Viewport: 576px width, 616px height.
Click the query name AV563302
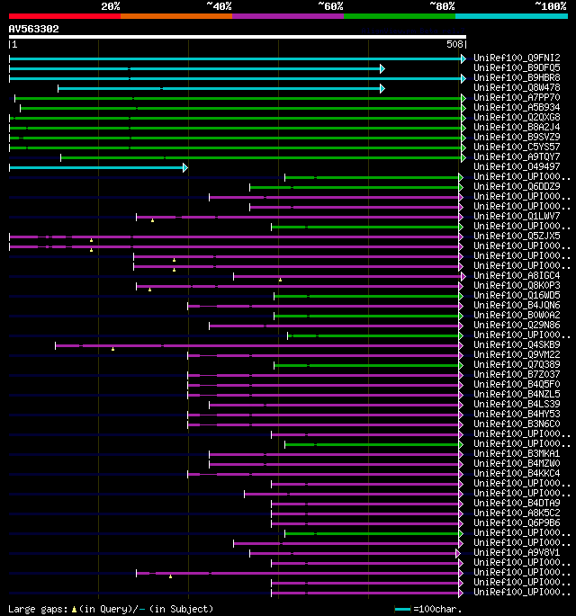pos(34,29)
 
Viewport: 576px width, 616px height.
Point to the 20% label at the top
pos(111,5)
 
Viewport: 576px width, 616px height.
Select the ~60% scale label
pos(330,5)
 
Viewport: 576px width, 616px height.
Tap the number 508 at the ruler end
pos(454,43)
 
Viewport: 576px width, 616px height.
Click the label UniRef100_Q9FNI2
pos(517,58)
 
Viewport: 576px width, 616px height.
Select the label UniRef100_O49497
pos(517,167)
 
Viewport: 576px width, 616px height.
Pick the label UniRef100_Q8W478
pos(517,88)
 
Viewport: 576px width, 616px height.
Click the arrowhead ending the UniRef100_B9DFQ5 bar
pos(382,68)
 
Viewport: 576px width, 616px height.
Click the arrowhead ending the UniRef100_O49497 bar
pos(185,167)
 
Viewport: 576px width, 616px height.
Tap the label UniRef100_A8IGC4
pos(517,276)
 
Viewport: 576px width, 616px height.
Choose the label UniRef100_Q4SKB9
pos(517,345)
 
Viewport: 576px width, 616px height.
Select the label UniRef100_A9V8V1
pos(517,553)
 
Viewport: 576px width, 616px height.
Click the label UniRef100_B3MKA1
pos(517,454)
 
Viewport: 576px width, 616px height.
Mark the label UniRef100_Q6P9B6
pos(517,523)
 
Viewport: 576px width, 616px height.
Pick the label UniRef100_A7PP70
pos(517,98)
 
